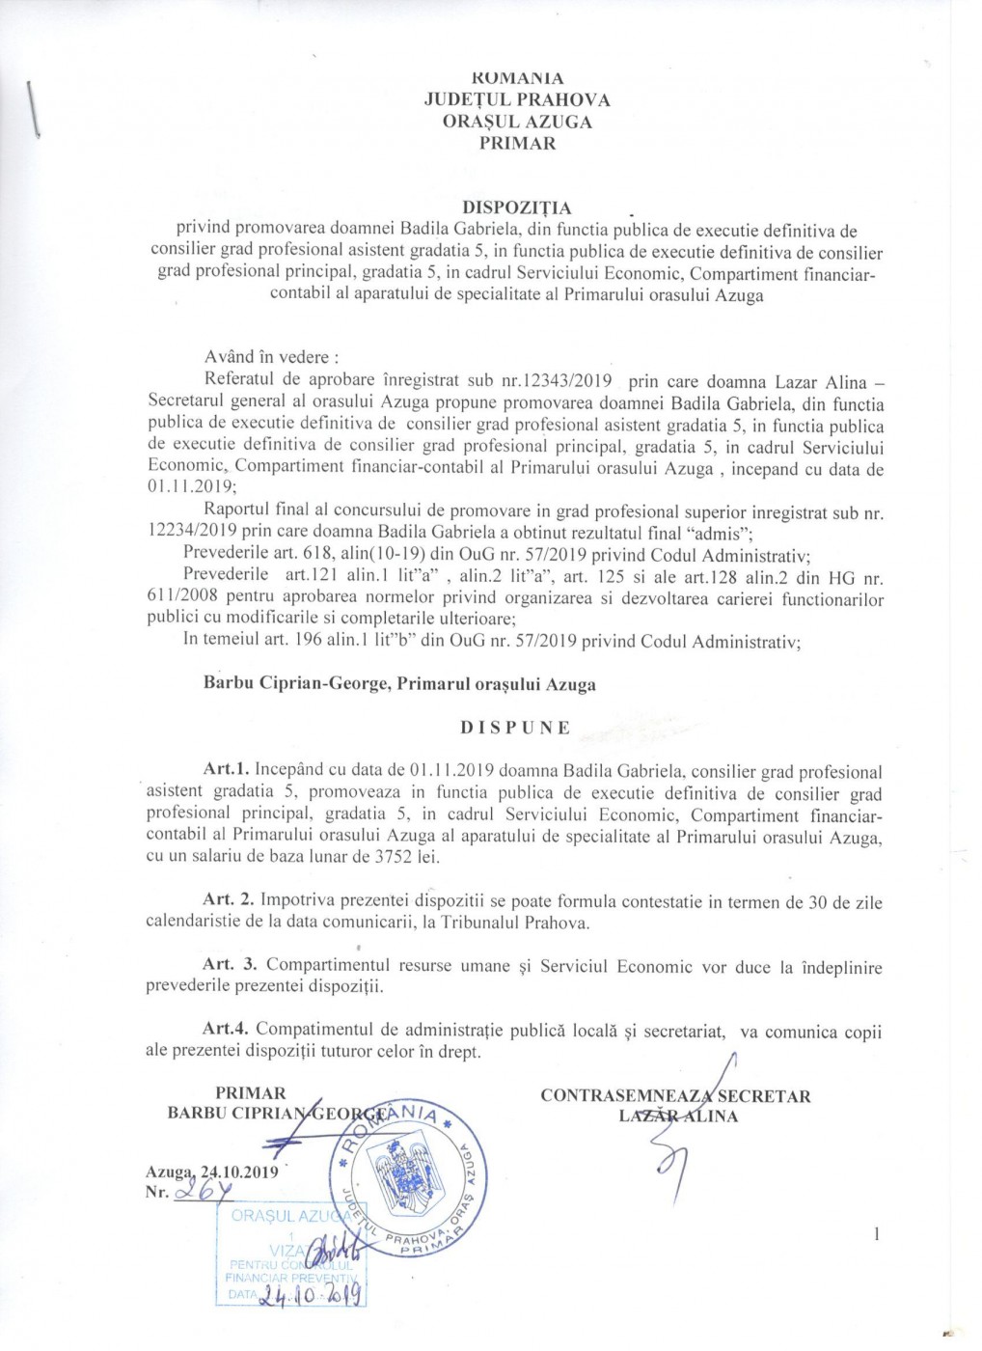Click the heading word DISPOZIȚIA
tap(517, 207)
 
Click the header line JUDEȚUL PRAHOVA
tap(517, 99)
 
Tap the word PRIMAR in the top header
tap(517, 144)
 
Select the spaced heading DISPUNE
tap(515, 728)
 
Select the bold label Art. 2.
tap(230, 900)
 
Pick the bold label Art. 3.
tap(230, 965)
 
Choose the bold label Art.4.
tap(227, 1031)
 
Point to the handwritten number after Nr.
tap(204, 1192)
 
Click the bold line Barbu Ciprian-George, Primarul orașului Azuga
tap(399, 684)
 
